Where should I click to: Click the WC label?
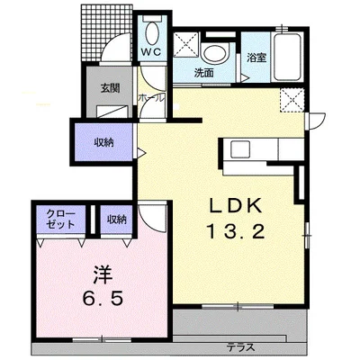pos(151,51)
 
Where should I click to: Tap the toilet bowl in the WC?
pos(152,33)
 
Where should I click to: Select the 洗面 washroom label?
pos(204,73)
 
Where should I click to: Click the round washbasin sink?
pos(215,54)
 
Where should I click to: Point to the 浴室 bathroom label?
pos(256,58)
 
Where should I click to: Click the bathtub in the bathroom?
pos(287,57)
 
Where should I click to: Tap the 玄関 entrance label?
pos(110,88)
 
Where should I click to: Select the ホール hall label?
pos(151,98)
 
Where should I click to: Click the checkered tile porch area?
pos(106,32)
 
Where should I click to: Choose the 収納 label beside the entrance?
pos(103,143)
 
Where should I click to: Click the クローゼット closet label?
pos(60,219)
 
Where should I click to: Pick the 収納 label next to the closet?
pos(117,220)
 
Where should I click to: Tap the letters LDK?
pos(236,206)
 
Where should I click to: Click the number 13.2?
pos(236,232)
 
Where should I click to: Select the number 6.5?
pos(103,298)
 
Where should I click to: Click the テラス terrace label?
pos(241,347)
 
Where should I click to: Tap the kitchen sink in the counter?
pos(240,149)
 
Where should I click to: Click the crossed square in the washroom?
pos(186,44)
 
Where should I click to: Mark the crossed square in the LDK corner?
pos(292,100)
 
